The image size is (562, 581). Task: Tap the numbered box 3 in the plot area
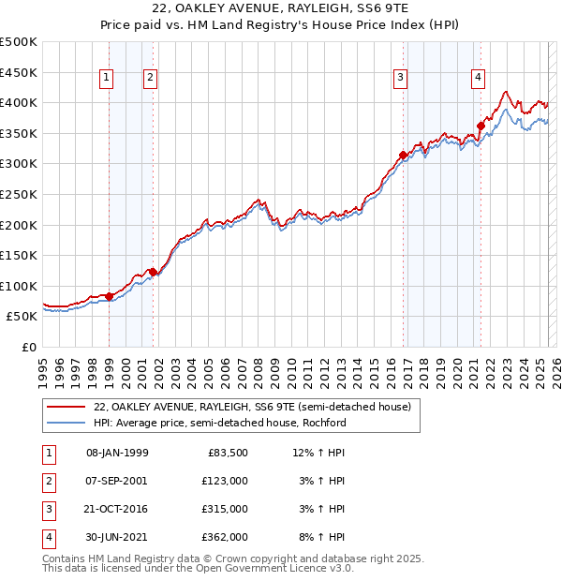coord(400,79)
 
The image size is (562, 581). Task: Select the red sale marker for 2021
coord(481,126)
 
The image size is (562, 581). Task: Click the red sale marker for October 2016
coord(404,155)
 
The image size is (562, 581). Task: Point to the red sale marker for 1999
coord(109,296)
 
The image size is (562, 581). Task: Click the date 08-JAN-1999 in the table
coord(117,453)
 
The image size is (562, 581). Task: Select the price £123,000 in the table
coord(226,481)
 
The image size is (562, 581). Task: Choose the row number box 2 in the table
coord(47,481)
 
